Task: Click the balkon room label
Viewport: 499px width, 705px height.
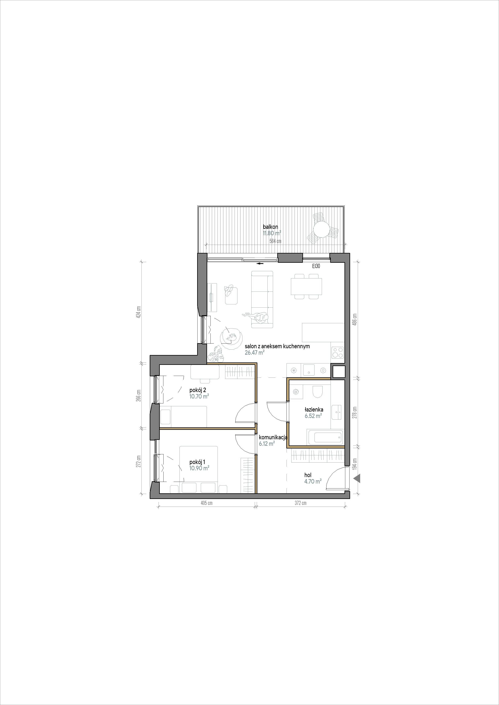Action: coord(270,227)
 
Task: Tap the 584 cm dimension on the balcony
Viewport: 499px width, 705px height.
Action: coord(275,241)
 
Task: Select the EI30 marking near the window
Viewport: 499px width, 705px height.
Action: coord(316,266)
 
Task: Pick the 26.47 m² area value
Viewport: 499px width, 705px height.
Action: coord(255,353)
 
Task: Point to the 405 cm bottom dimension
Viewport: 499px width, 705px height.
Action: coord(206,503)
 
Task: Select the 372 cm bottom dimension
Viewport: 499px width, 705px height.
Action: coord(300,503)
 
